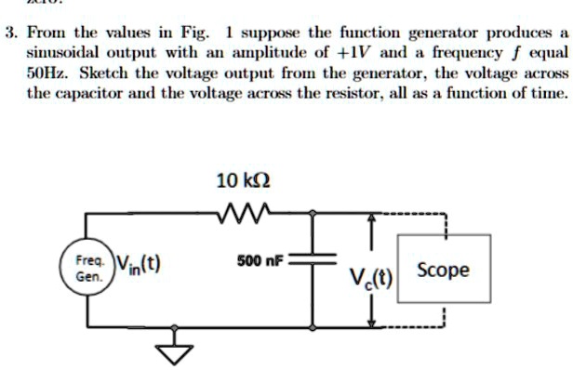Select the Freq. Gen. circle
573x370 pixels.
coord(87,270)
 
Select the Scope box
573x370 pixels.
coord(444,271)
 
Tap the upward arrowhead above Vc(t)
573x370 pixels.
coord(373,219)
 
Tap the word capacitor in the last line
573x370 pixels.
coord(92,95)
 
